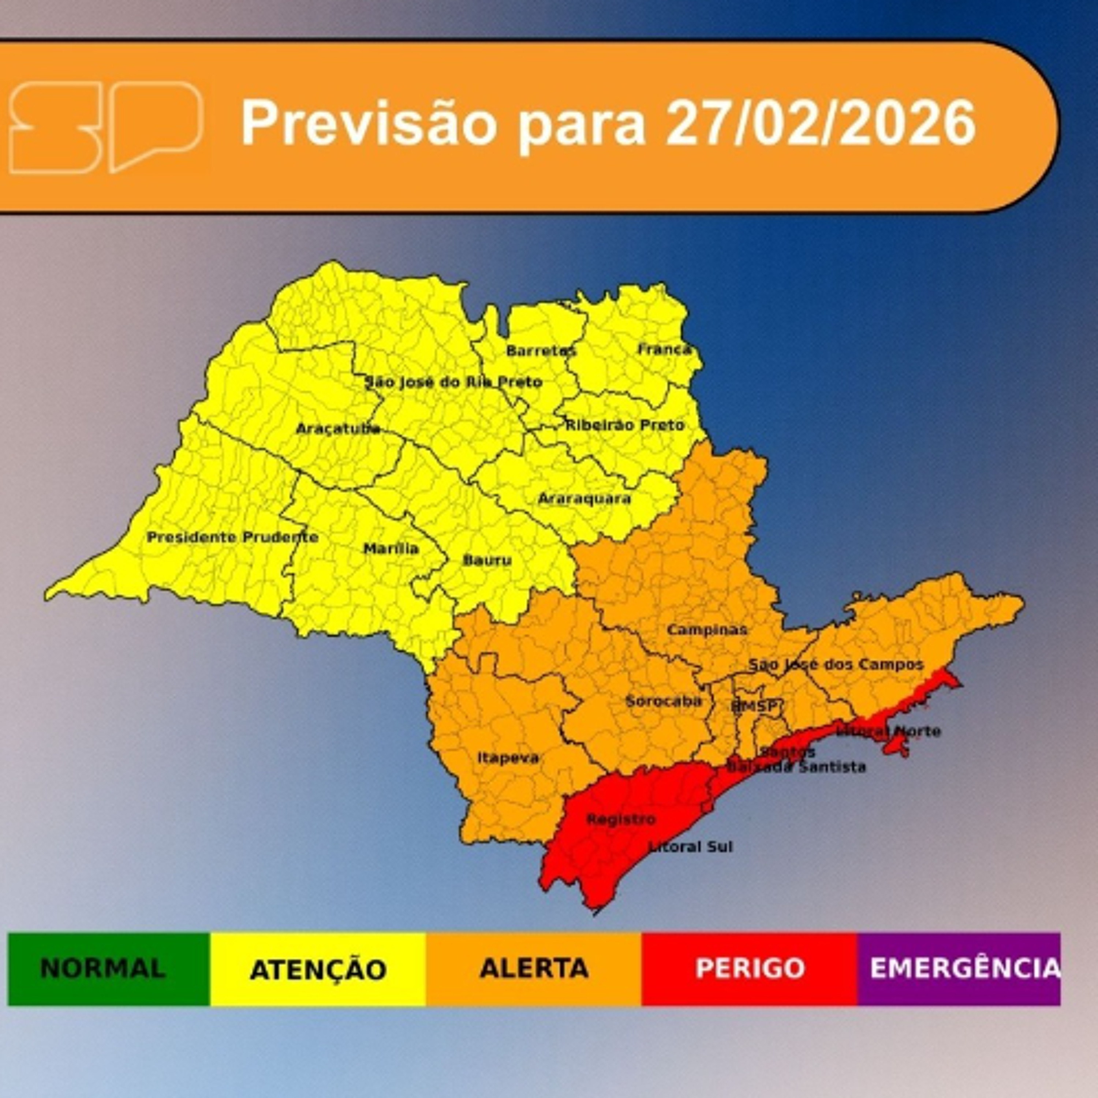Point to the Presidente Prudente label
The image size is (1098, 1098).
232,537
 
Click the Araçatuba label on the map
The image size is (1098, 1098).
337,429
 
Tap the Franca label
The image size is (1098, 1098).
664,349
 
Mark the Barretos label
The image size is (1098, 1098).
541,351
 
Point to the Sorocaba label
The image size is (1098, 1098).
663,701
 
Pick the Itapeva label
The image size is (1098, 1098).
508,758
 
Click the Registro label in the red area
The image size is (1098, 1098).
621,819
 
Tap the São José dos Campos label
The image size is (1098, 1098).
836,664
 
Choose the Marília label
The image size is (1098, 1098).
391,548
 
